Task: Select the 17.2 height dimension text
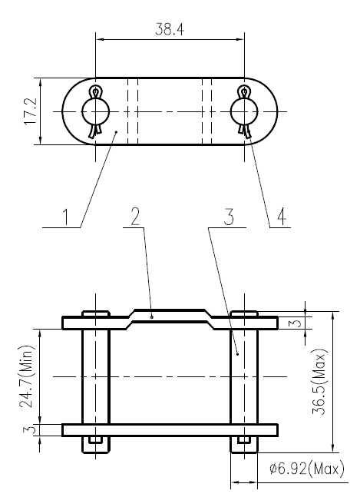tap(29, 111)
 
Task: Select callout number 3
tap(227, 216)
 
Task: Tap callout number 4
tap(282, 216)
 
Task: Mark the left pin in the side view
tap(96, 376)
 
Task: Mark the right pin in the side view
tap(245, 376)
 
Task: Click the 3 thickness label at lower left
tap(26, 430)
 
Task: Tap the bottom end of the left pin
tap(95, 441)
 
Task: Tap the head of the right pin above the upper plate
tap(245, 313)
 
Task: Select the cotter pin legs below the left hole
tap(95, 132)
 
